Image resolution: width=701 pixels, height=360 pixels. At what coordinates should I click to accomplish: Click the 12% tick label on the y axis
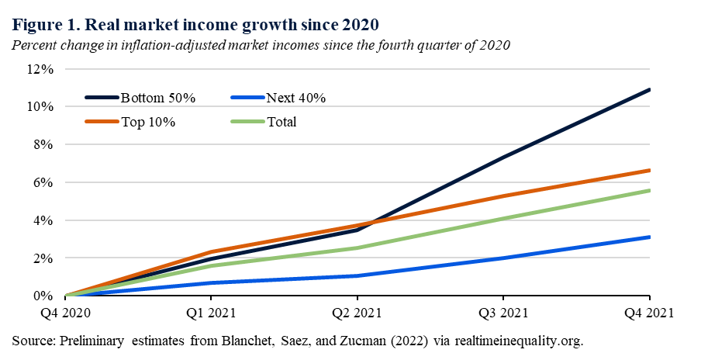tap(41, 69)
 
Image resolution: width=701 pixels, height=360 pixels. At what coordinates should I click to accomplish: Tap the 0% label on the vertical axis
tap(44, 296)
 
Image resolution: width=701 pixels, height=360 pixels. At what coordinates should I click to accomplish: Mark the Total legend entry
tap(281, 122)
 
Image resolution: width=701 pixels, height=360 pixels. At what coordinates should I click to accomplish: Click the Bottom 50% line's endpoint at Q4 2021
tap(649, 90)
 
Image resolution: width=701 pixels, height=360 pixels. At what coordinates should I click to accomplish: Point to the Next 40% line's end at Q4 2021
tap(649, 237)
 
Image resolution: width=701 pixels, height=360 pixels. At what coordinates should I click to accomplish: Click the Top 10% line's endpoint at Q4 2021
tap(649, 171)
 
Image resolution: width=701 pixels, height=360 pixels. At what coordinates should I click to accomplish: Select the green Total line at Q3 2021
tap(503, 219)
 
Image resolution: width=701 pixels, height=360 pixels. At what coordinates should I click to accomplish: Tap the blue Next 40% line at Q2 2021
tap(357, 275)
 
